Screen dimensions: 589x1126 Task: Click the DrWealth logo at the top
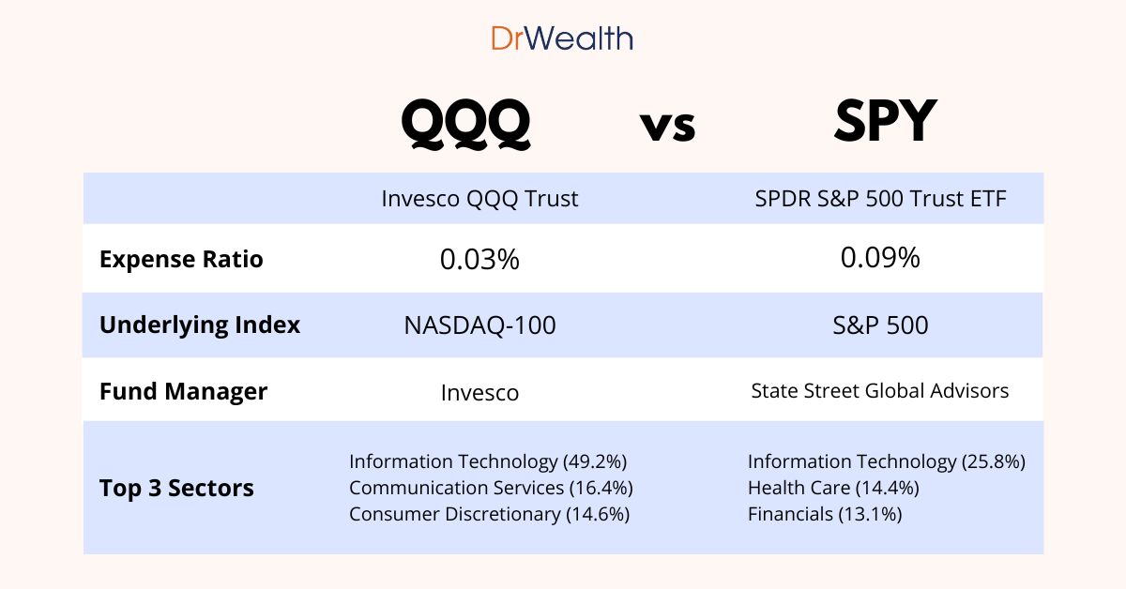click(x=562, y=38)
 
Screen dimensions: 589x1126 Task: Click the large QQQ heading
click(x=465, y=123)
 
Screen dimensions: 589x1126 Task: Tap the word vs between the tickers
click(x=668, y=126)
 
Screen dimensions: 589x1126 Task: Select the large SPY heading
click(x=885, y=122)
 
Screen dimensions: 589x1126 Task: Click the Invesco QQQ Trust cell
click(x=479, y=199)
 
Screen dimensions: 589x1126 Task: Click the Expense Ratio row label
click(x=181, y=259)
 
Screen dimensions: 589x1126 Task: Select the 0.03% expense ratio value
click(x=479, y=260)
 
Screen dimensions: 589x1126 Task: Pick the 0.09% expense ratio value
click(x=880, y=257)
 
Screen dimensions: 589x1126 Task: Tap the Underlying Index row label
click(x=200, y=325)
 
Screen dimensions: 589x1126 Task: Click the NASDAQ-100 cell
click(x=479, y=325)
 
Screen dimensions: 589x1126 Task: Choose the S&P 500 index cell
click(x=879, y=325)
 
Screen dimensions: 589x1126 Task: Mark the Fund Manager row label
click(x=183, y=391)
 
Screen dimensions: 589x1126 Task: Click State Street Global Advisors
click(x=880, y=390)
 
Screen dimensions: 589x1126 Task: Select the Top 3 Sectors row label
click(x=176, y=489)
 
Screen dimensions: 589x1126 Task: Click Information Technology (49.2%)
click(x=488, y=461)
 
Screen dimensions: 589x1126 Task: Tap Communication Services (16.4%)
click(x=491, y=488)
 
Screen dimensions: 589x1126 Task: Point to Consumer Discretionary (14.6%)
click(x=489, y=514)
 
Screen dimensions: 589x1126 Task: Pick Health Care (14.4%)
click(x=832, y=488)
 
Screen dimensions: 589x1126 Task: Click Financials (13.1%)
click(x=824, y=514)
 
